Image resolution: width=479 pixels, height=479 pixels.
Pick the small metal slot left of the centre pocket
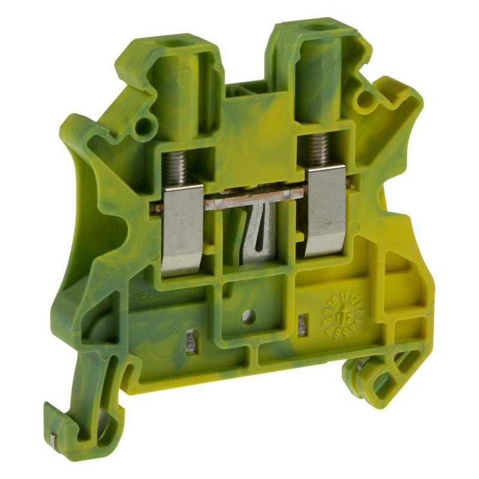(x=192, y=341)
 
